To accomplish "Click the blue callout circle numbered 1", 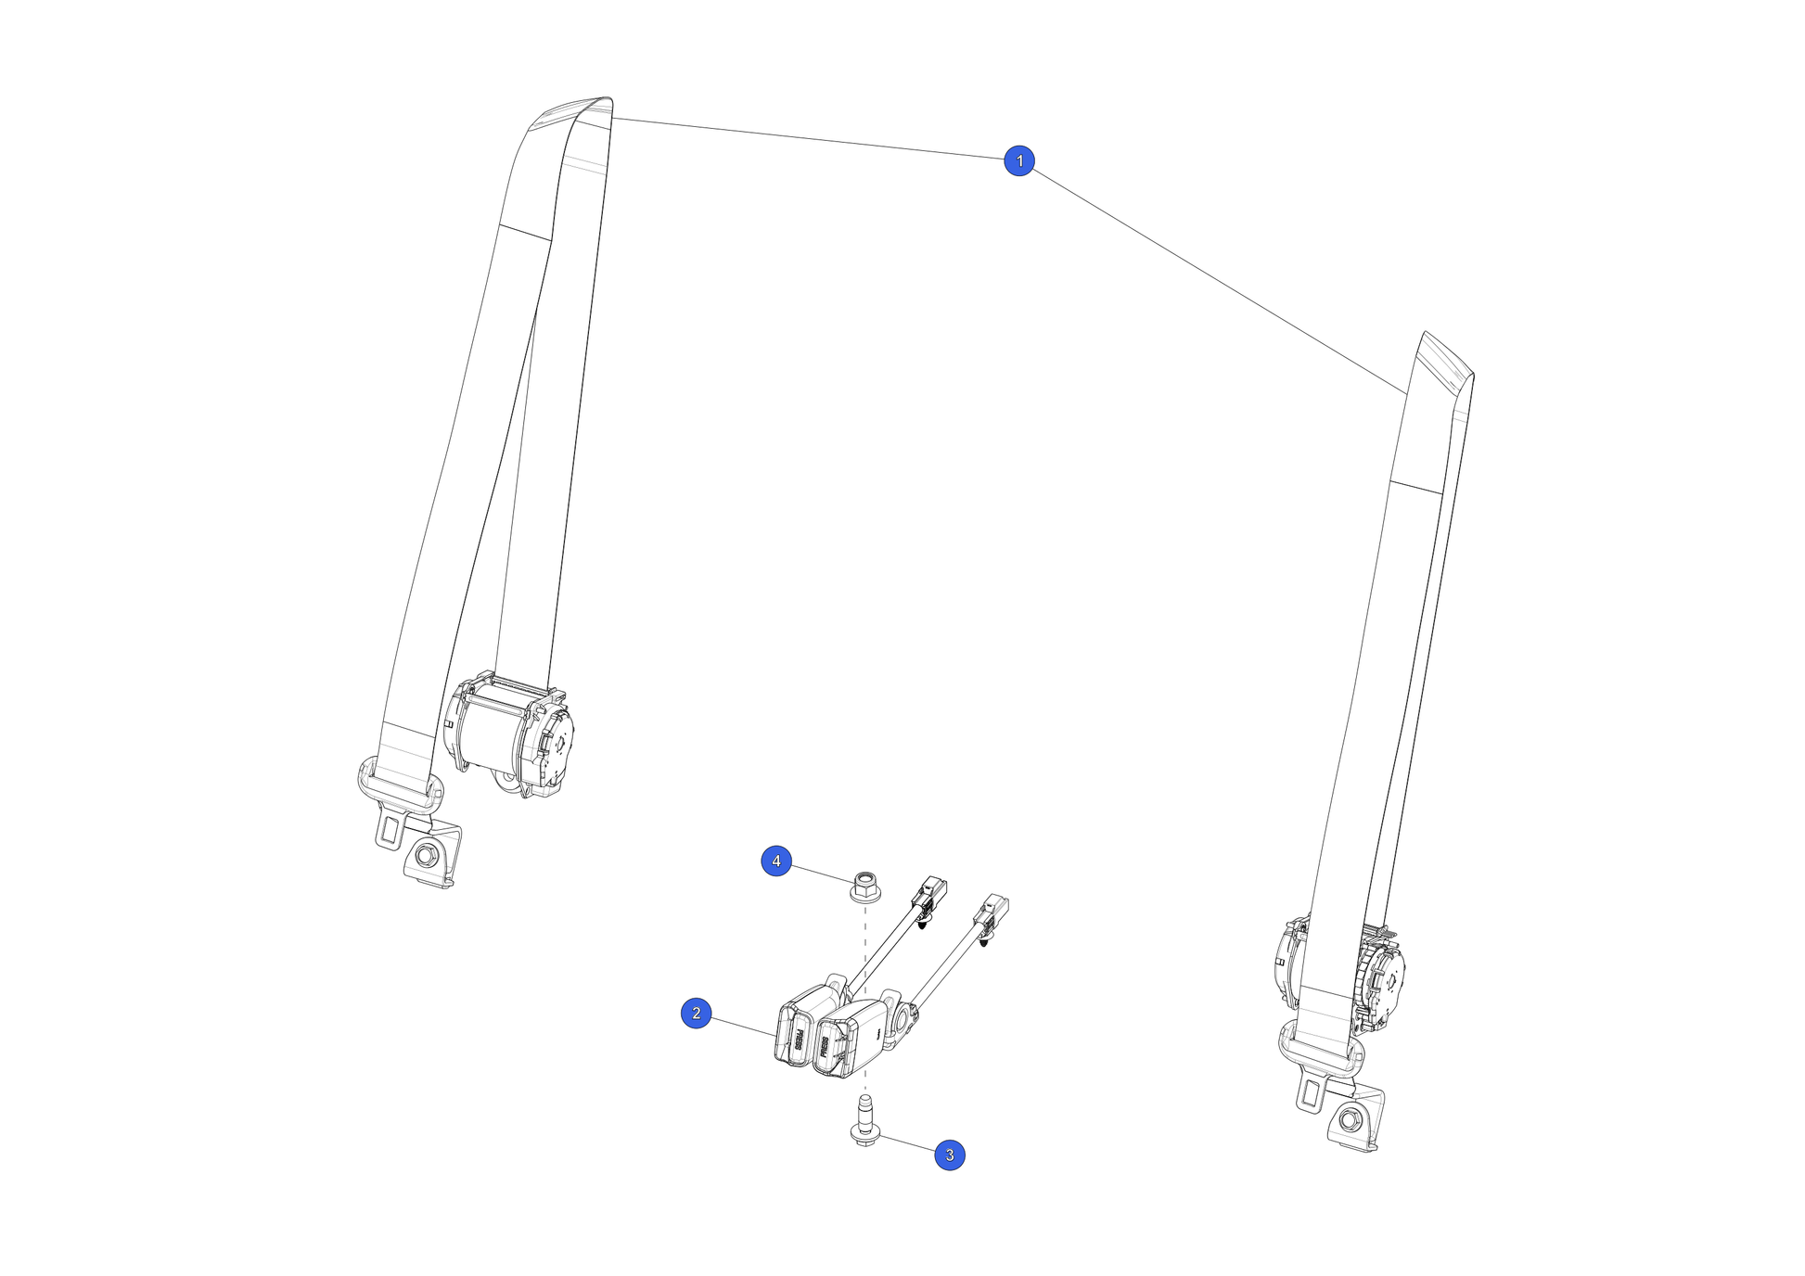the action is point(1019,160).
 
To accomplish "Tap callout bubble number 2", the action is point(697,1014).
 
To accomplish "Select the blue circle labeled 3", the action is point(949,1155).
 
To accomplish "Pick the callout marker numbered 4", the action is point(776,861).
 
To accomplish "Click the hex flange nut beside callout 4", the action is point(864,887).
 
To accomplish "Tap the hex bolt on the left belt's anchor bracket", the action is point(426,855).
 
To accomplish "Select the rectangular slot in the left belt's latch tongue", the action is point(390,827).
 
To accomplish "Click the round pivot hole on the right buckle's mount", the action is point(900,1021).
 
